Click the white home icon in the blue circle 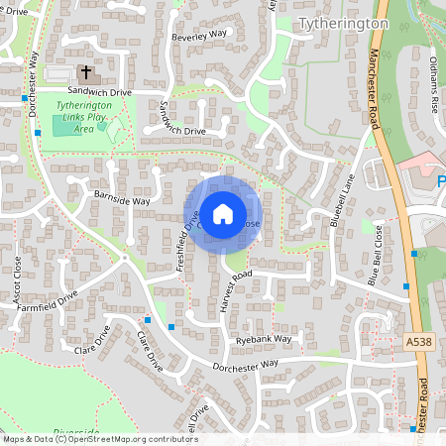click(222, 214)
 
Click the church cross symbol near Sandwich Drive click(85, 72)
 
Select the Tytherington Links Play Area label click(89, 117)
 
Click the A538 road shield click(419, 341)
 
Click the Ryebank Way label click(265, 339)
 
